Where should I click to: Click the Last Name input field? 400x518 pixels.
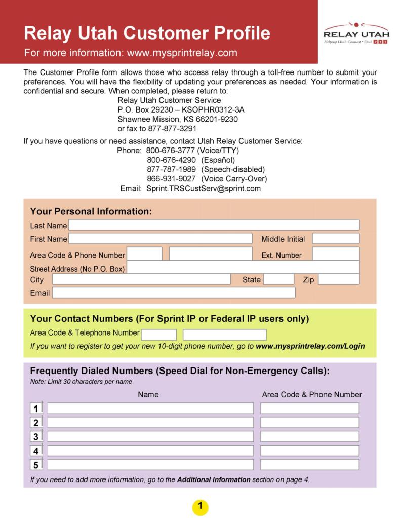point(214,225)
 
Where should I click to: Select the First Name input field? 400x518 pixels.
point(160,239)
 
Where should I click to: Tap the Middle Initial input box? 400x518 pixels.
point(335,239)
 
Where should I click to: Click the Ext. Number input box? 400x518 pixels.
point(335,254)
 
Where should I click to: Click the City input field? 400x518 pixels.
point(141,279)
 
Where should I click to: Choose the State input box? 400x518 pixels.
point(278,279)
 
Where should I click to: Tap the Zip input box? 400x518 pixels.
point(338,279)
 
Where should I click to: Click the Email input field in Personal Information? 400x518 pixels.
point(173,293)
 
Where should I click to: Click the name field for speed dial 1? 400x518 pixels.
point(150,409)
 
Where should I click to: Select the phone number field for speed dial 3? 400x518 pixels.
point(309,436)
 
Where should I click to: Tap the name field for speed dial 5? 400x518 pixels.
point(150,465)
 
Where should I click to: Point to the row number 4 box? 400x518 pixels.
point(36,451)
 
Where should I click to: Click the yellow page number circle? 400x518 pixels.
point(200,506)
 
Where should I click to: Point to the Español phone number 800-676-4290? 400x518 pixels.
point(171,160)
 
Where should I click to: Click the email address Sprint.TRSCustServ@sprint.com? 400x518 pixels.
point(204,188)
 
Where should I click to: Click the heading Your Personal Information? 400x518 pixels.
point(91,211)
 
